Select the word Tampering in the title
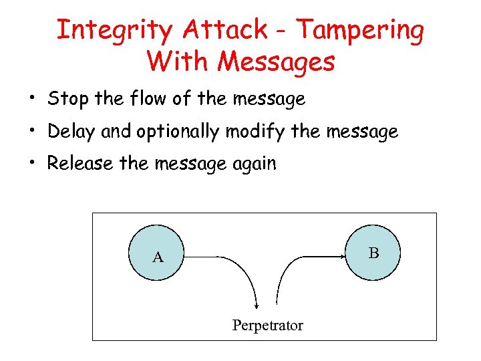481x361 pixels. pyautogui.click(x=359, y=30)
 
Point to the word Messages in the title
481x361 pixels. pyautogui.click(x=276, y=62)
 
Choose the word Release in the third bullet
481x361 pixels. pyautogui.click(x=79, y=164)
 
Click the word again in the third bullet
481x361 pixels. pyautogui.click(x=253, y=164)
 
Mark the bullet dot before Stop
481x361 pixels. pyautogui.click(x=31, y=100)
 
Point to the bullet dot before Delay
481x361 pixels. pyautogui.click(x=31, y=132)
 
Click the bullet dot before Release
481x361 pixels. pyautogui.click(x=31, y=164)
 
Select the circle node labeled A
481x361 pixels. pyautogui.click(x=158, y=254)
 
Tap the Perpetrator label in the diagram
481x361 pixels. pyautogui.click(x=267, y=326)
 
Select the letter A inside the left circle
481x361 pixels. pyautogui.click(x=158, y=257)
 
